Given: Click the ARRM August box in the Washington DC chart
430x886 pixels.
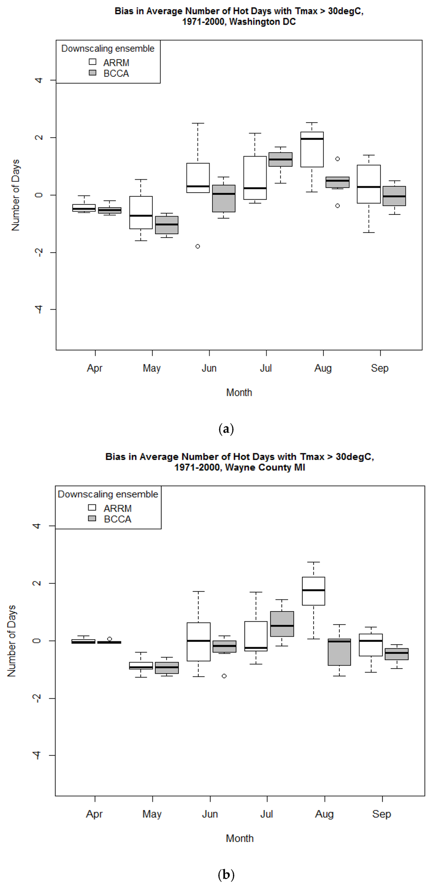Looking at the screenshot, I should [312, 149].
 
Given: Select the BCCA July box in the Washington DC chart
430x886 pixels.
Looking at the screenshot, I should [281, 159].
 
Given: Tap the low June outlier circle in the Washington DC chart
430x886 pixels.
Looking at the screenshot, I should [198, 246].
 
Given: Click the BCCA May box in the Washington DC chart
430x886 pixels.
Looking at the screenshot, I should [167, 225].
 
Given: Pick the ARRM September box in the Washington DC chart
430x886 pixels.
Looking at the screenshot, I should [369, 184].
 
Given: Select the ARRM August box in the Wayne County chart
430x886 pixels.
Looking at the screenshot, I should [313, 591].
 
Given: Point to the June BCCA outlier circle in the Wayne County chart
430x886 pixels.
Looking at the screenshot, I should [224, 676].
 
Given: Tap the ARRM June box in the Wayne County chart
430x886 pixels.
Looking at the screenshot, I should [198, 642].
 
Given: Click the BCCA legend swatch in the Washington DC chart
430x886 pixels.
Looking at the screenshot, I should [92, 73].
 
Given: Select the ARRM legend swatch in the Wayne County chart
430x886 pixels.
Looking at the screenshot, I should [92, 507].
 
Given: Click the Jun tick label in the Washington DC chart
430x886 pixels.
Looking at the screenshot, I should [209, 368].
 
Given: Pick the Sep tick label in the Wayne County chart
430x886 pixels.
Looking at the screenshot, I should [381, 814].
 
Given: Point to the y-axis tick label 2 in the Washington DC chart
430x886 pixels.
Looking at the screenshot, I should [39, 137].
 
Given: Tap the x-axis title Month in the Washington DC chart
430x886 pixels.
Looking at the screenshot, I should [239, 392].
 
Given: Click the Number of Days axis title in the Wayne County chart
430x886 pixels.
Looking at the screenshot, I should [12, 640].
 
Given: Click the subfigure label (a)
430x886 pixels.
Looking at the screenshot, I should [226, 429].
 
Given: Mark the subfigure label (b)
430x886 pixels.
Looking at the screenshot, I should [226, 875].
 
